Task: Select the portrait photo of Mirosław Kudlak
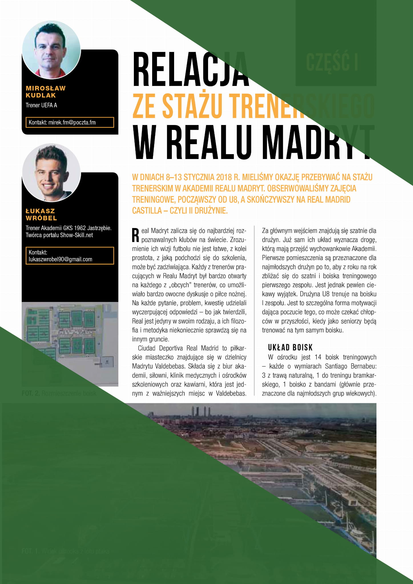point(51,50)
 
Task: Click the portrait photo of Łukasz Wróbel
point(51,173)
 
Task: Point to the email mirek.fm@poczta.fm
point(72,122)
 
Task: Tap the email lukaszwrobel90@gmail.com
point(61,259)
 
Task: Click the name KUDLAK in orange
point(41,95)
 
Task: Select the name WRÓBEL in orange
point(41,218)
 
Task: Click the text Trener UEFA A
point(41,105)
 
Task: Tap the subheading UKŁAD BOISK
point(290,347)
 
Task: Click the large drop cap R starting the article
point(136,235)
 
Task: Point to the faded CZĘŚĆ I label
point(332,62)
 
